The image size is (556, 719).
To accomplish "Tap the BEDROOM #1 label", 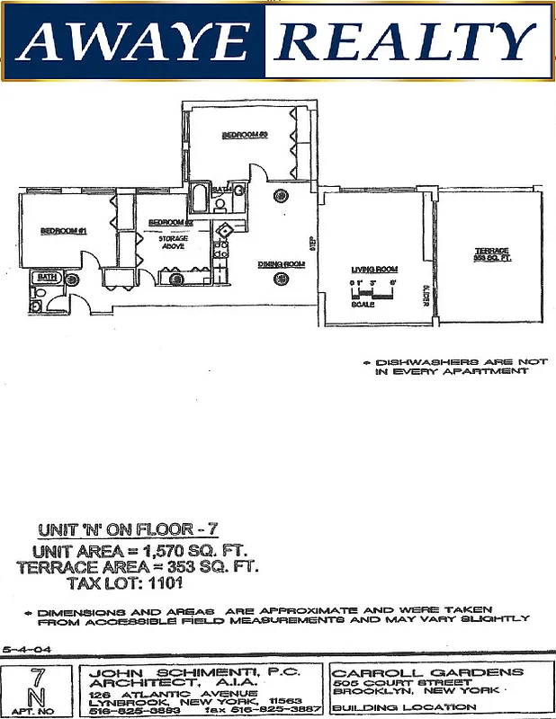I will tap(63, 231).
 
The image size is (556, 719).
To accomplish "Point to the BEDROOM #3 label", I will tap(246, 135).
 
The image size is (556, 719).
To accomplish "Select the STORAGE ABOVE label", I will tap(173, 244).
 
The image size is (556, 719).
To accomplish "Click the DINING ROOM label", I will tap(282, 263).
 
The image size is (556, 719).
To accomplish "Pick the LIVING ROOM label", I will tap(375, 270).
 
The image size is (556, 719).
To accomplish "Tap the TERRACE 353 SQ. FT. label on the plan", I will tap(492, 254).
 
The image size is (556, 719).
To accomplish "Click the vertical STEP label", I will tap(311, 243).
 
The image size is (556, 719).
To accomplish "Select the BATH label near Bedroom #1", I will tap(46, 279).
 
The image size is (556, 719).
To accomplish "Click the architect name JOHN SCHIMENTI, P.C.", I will tap(193, 671).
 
